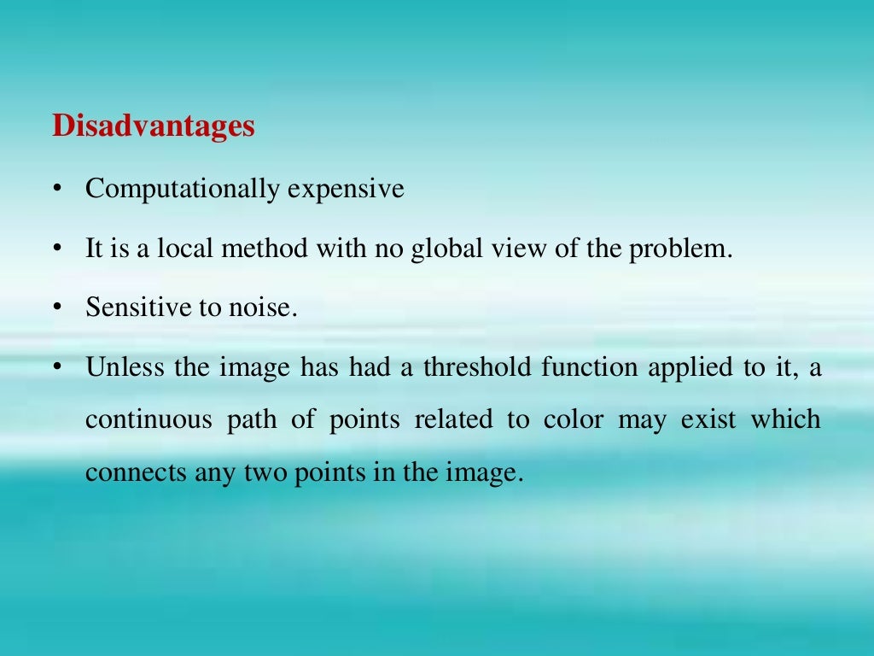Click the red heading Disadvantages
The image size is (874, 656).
point(154,126)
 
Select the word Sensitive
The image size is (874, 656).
point(139,307)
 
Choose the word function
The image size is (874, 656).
point(590,367)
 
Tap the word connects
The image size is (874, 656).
point(125,472)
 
